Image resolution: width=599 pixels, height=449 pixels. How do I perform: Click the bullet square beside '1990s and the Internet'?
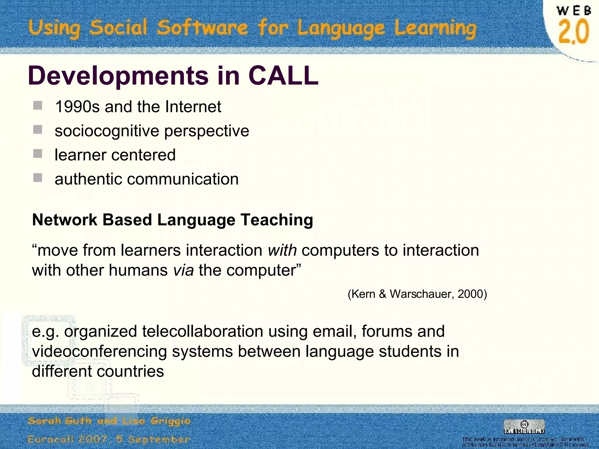click(x=38, y=106)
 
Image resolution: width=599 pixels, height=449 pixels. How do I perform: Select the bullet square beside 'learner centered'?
click(x=38, y=154)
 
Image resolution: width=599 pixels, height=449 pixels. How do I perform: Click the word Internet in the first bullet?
click(x=193, y=107)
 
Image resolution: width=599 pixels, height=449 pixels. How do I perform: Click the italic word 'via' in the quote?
click(x=183, y=270)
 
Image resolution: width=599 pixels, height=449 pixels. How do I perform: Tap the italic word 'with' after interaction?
click(x=282, y=251)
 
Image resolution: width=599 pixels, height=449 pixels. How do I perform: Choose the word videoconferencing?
click(x=99, y=351)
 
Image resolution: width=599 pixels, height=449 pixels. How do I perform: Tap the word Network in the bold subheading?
click(x=65, y=220)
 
